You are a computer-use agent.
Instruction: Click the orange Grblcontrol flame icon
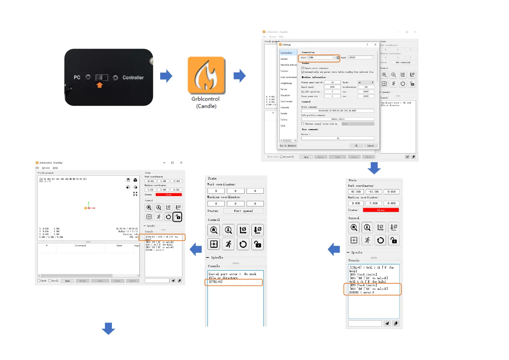coord(206,76)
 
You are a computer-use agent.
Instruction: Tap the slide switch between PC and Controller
coord(102,77)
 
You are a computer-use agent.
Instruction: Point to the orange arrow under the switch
coord(99,85)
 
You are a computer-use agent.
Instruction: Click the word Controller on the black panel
coord(133,78)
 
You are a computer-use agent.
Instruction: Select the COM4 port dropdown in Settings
coord(321,58)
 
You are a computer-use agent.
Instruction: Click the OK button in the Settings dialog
coord(356,146)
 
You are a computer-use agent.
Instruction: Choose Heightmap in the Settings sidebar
coord(286,83)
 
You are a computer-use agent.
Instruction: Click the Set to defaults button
coord(288,146)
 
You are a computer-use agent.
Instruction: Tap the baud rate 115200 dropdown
coord(361,58)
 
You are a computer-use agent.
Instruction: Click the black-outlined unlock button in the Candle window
coord(177,217)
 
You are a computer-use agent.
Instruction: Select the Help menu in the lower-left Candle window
coord(55,168)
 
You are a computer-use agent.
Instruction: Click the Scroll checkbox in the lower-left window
coord(50,281)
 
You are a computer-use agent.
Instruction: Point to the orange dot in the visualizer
coord(85,208)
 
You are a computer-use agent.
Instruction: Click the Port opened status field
coord(243,211)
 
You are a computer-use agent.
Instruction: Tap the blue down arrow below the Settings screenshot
coord(374,168)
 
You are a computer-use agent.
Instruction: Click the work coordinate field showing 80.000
coord(356,192)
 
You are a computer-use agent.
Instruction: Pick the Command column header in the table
coord(80,245)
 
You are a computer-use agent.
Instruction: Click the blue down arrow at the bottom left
coord(108,328)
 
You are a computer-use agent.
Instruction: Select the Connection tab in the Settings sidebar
coord(286,53)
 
